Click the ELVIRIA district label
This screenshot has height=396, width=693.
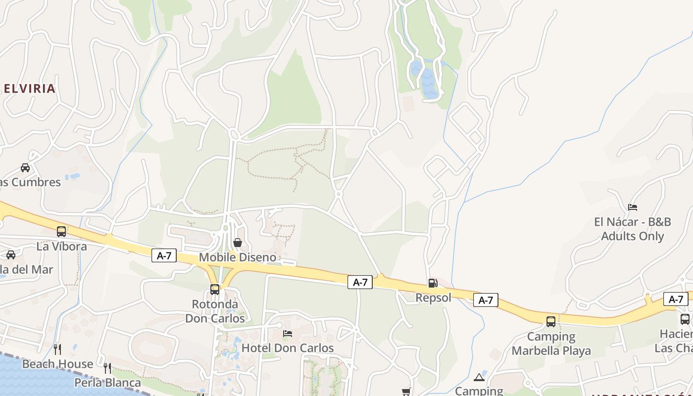click(29, 89)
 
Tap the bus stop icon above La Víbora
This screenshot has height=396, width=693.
click(61, 231)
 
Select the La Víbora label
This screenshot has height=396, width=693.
click(62, 246)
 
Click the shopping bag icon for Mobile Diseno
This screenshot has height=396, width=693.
click(238, 243)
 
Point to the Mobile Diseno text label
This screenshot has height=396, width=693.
click(238, 257)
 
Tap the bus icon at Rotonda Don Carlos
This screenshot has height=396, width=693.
click(214, 289)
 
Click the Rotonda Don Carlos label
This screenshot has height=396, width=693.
click(215, 311)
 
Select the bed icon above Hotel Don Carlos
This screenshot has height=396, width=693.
click(288, 334)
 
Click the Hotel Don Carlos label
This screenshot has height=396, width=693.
click(288, 348)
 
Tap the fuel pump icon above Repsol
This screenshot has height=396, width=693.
click(433, 283)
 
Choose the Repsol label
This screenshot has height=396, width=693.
click(433, 297)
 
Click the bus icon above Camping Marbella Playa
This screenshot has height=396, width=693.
click(551, 322)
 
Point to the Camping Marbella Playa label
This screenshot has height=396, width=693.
click(551, 344)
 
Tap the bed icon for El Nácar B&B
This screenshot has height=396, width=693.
click(632, 207)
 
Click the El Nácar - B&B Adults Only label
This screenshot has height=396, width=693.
click(632, 229)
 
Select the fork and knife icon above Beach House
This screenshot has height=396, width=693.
click(57, 349)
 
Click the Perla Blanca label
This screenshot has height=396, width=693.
click(107, 383)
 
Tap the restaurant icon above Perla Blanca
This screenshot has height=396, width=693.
click(107, 368)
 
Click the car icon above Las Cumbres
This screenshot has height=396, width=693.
click(25, 167)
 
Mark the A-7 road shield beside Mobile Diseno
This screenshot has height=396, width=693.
click(164, 255)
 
